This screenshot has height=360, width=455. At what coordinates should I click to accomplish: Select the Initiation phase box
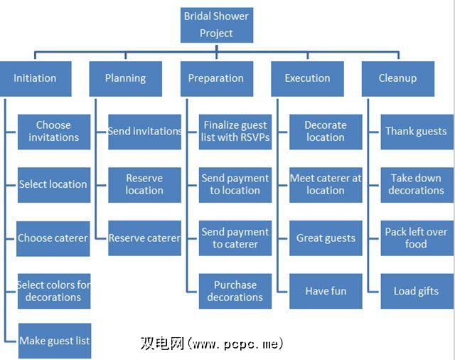point(35,78)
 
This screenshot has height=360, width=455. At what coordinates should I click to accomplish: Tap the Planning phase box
point(125,78)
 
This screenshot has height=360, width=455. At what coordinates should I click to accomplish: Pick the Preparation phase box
point(216,78)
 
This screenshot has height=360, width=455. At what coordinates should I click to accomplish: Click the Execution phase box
point(307,78)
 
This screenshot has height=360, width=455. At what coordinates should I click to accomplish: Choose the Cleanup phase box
point(397,78)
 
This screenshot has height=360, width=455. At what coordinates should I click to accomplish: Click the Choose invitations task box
point(54,132)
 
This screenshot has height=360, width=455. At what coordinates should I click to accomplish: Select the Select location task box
point(54,184)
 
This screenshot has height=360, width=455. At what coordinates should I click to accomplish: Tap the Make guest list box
point(55,341)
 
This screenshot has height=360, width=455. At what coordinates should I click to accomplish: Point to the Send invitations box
point(145,132)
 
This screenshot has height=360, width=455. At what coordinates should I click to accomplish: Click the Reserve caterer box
point(145,238)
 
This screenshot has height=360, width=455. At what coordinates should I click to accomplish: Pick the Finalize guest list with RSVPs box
point(235,132)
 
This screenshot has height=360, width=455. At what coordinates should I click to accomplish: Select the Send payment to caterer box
point(235,238)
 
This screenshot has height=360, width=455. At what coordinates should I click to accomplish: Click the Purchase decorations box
point(235,291)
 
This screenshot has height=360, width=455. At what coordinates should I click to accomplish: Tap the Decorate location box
point(326,132)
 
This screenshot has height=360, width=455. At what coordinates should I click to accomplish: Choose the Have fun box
point(326,291)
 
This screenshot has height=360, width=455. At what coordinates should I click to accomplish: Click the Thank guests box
point(417,132)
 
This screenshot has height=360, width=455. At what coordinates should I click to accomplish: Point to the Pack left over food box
point(417,238)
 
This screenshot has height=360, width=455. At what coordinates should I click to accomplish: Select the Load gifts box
point(417,291)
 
